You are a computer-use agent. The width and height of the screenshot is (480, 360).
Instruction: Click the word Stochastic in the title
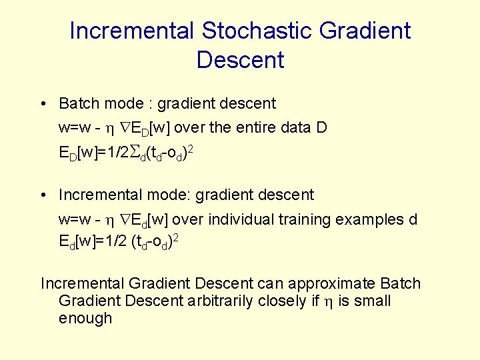[257, 31]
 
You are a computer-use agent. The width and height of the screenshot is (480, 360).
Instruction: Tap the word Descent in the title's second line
[240, 60]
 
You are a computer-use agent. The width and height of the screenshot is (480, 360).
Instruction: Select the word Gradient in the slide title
[365, 31]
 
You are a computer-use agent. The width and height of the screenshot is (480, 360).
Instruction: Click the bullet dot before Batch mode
[42, 104]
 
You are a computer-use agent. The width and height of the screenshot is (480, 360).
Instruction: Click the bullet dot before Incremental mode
[42, 195]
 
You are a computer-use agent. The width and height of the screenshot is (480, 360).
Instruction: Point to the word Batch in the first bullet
[78, 103]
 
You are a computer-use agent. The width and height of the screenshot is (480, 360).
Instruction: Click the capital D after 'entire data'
[321, 127]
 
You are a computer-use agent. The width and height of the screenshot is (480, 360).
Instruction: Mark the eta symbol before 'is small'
[327, 302]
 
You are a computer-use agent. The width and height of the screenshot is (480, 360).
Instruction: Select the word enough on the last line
[85, 318]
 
